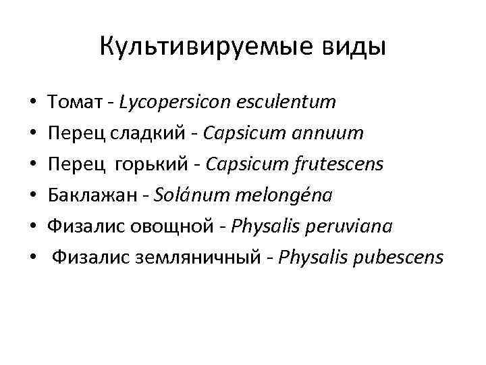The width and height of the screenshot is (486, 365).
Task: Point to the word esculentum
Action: (287, 103)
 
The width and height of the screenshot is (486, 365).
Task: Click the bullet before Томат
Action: (32, 104)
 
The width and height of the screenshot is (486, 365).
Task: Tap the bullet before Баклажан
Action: (32, 197)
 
